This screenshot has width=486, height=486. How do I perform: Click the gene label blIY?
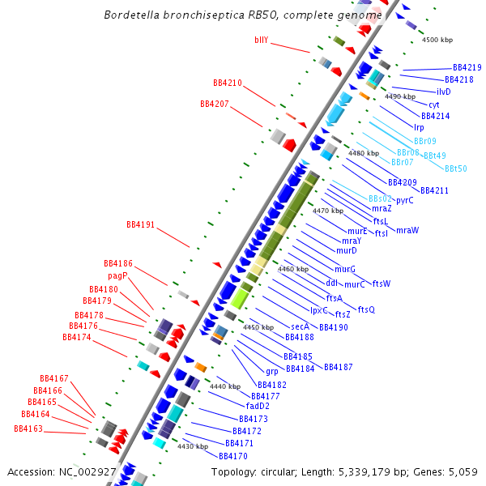[x=261, y=40]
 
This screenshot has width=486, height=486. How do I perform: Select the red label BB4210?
[x=227, y=83]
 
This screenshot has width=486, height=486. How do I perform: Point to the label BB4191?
[x=140, y=224]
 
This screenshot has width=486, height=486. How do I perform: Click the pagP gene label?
[x=117, y=275]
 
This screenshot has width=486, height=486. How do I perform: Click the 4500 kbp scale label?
[x=437, y=39]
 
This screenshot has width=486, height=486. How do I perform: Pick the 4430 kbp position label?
[x=193, y=446]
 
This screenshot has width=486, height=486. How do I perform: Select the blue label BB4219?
[x=467, y=67]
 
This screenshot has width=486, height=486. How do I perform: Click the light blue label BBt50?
[x=455, y=168]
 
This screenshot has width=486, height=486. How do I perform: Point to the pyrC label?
[x=405, y=200]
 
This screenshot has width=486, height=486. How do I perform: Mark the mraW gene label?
[x=407, y=230]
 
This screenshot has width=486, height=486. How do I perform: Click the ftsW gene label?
[x=381, y=283]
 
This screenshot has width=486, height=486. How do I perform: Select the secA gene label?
[x=300, y=326]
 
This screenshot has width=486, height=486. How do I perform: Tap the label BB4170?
[x=232, y=456]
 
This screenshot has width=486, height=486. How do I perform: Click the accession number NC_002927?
[x=87, y=471]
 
